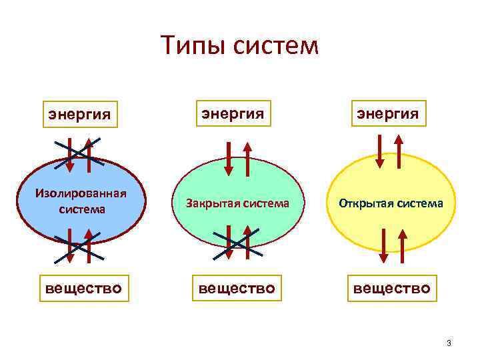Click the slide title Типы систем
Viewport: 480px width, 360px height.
click(240, 46)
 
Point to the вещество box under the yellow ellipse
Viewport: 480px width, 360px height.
click(392, 289)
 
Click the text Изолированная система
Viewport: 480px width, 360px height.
click(81, 201)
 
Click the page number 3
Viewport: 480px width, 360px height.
click(449, 343)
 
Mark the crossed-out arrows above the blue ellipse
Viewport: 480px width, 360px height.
click(79, 151)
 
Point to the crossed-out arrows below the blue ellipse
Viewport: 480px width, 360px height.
click(79, 245)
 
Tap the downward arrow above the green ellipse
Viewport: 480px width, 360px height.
click(228, 157)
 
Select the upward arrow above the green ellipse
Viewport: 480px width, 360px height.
click(247, 157)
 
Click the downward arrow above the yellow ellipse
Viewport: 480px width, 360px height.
click(380, 151)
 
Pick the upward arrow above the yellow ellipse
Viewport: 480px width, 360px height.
click(399, 151)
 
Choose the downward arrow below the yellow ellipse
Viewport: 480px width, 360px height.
click(383, 245)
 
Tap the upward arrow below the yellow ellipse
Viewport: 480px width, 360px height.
click(403, 245)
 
